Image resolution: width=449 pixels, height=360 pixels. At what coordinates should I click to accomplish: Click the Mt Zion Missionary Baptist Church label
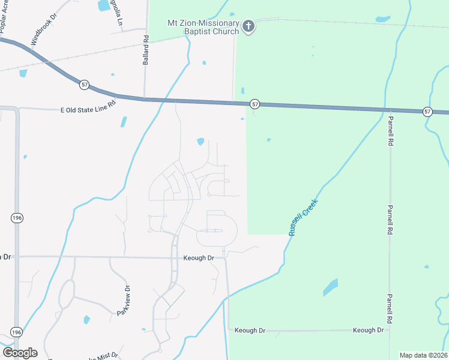pos(202,28)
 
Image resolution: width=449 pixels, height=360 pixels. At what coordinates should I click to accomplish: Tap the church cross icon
pos(249,26)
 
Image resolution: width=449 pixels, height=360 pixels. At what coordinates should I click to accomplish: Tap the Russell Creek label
pos(302,217)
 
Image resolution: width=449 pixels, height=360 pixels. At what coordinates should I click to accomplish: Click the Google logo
pos(20,353)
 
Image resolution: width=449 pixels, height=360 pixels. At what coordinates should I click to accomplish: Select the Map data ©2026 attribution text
pos(423,355)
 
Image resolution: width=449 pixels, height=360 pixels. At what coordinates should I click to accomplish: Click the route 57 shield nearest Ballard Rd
pos(85,85)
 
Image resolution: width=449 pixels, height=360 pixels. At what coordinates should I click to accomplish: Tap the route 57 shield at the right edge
pos(427,112)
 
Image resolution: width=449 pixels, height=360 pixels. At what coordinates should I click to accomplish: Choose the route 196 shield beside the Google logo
pos(16,332)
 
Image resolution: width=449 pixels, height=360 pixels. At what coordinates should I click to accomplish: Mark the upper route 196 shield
pos(16,218)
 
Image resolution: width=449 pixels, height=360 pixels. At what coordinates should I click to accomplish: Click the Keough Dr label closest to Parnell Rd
pos(368,331)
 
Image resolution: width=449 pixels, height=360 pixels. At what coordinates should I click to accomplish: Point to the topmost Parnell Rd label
pos(390,131)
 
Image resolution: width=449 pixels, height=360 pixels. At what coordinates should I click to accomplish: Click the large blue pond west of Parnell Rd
pos(330,287)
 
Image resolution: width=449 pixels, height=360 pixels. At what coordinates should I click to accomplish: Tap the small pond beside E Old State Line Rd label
pos(124,121)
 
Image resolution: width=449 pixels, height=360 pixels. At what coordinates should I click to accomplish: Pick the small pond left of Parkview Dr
pos(86,320)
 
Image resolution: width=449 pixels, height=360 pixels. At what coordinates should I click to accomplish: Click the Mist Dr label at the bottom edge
pos(108,355)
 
